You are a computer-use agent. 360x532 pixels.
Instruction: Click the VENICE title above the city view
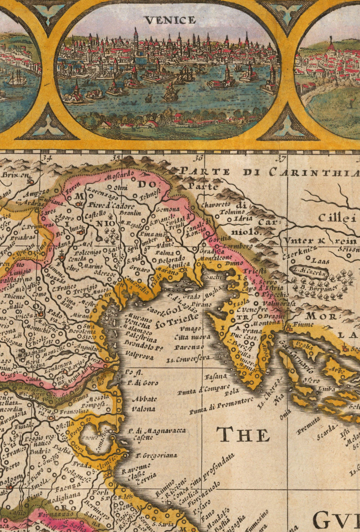pyautogui.click(x=170, y=20)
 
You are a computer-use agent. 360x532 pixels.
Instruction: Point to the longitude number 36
pyautogui.click(x=198, y=158)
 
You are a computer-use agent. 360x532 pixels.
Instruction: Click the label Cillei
pyautogui.click(x=337, y=218)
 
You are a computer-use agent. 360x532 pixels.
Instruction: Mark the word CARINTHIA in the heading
pyautogui.click(x=314, y=172)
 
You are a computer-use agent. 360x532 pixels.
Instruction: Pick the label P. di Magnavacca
pyautogui.click(x=157, y=431)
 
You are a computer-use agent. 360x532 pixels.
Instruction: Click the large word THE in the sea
pyautogui.click(x=243, y=434)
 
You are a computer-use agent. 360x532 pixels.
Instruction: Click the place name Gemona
pyautogui.click(x=170, y=209)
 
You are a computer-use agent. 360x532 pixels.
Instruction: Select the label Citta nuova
pyautogui.click(x=189, y=337)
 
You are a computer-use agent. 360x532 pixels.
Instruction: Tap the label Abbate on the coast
pyautogui.click(x=144, y=399)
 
